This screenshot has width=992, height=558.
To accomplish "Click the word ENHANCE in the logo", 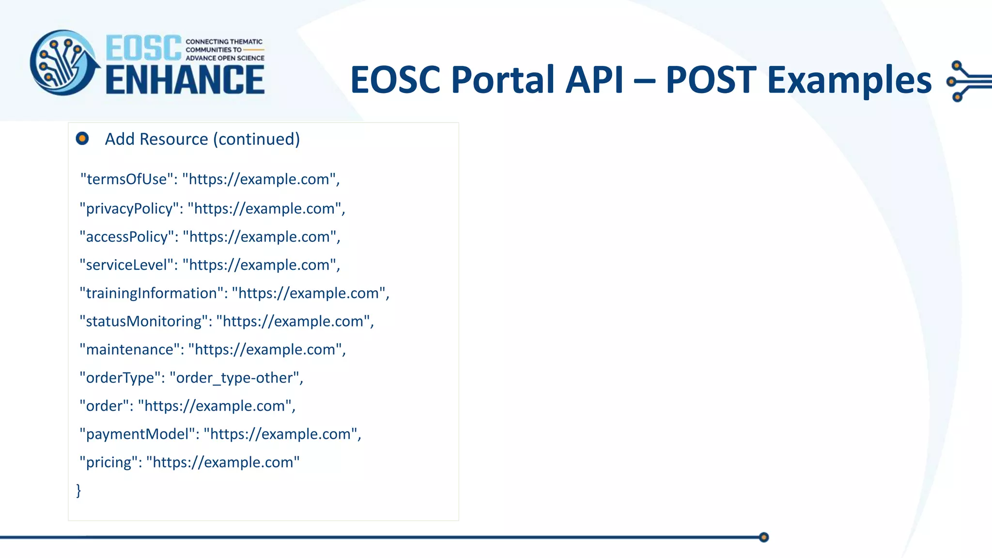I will (x=185, y=80).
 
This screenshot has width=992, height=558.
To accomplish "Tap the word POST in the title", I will (x=711, y=80).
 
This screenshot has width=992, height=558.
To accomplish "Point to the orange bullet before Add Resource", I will (x=82, y=139).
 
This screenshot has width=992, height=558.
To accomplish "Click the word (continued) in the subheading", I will (x=259, y=139).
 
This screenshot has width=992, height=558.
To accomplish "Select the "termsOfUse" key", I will (x=126, y=179).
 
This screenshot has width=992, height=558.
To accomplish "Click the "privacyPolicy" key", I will (x=129, y=209).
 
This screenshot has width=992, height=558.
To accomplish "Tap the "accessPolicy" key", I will (x=127, y=237).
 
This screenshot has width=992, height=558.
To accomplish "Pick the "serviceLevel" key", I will (x=127, y=265).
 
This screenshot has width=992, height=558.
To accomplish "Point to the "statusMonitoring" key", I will (x=143, y=321).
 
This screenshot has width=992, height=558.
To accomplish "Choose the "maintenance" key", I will (x=129, y=350).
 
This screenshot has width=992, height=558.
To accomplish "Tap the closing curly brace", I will (x=78, y=490).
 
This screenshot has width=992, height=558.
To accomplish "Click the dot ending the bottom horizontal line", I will (x=764, y=537).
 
